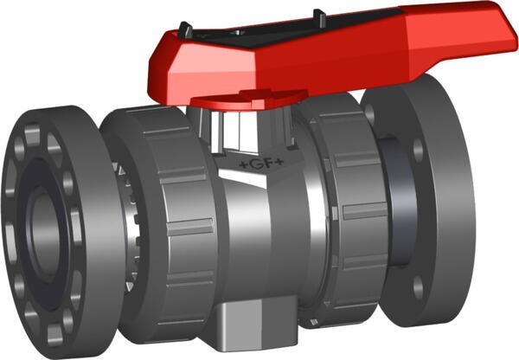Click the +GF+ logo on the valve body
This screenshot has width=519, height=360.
tap(259, 161)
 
